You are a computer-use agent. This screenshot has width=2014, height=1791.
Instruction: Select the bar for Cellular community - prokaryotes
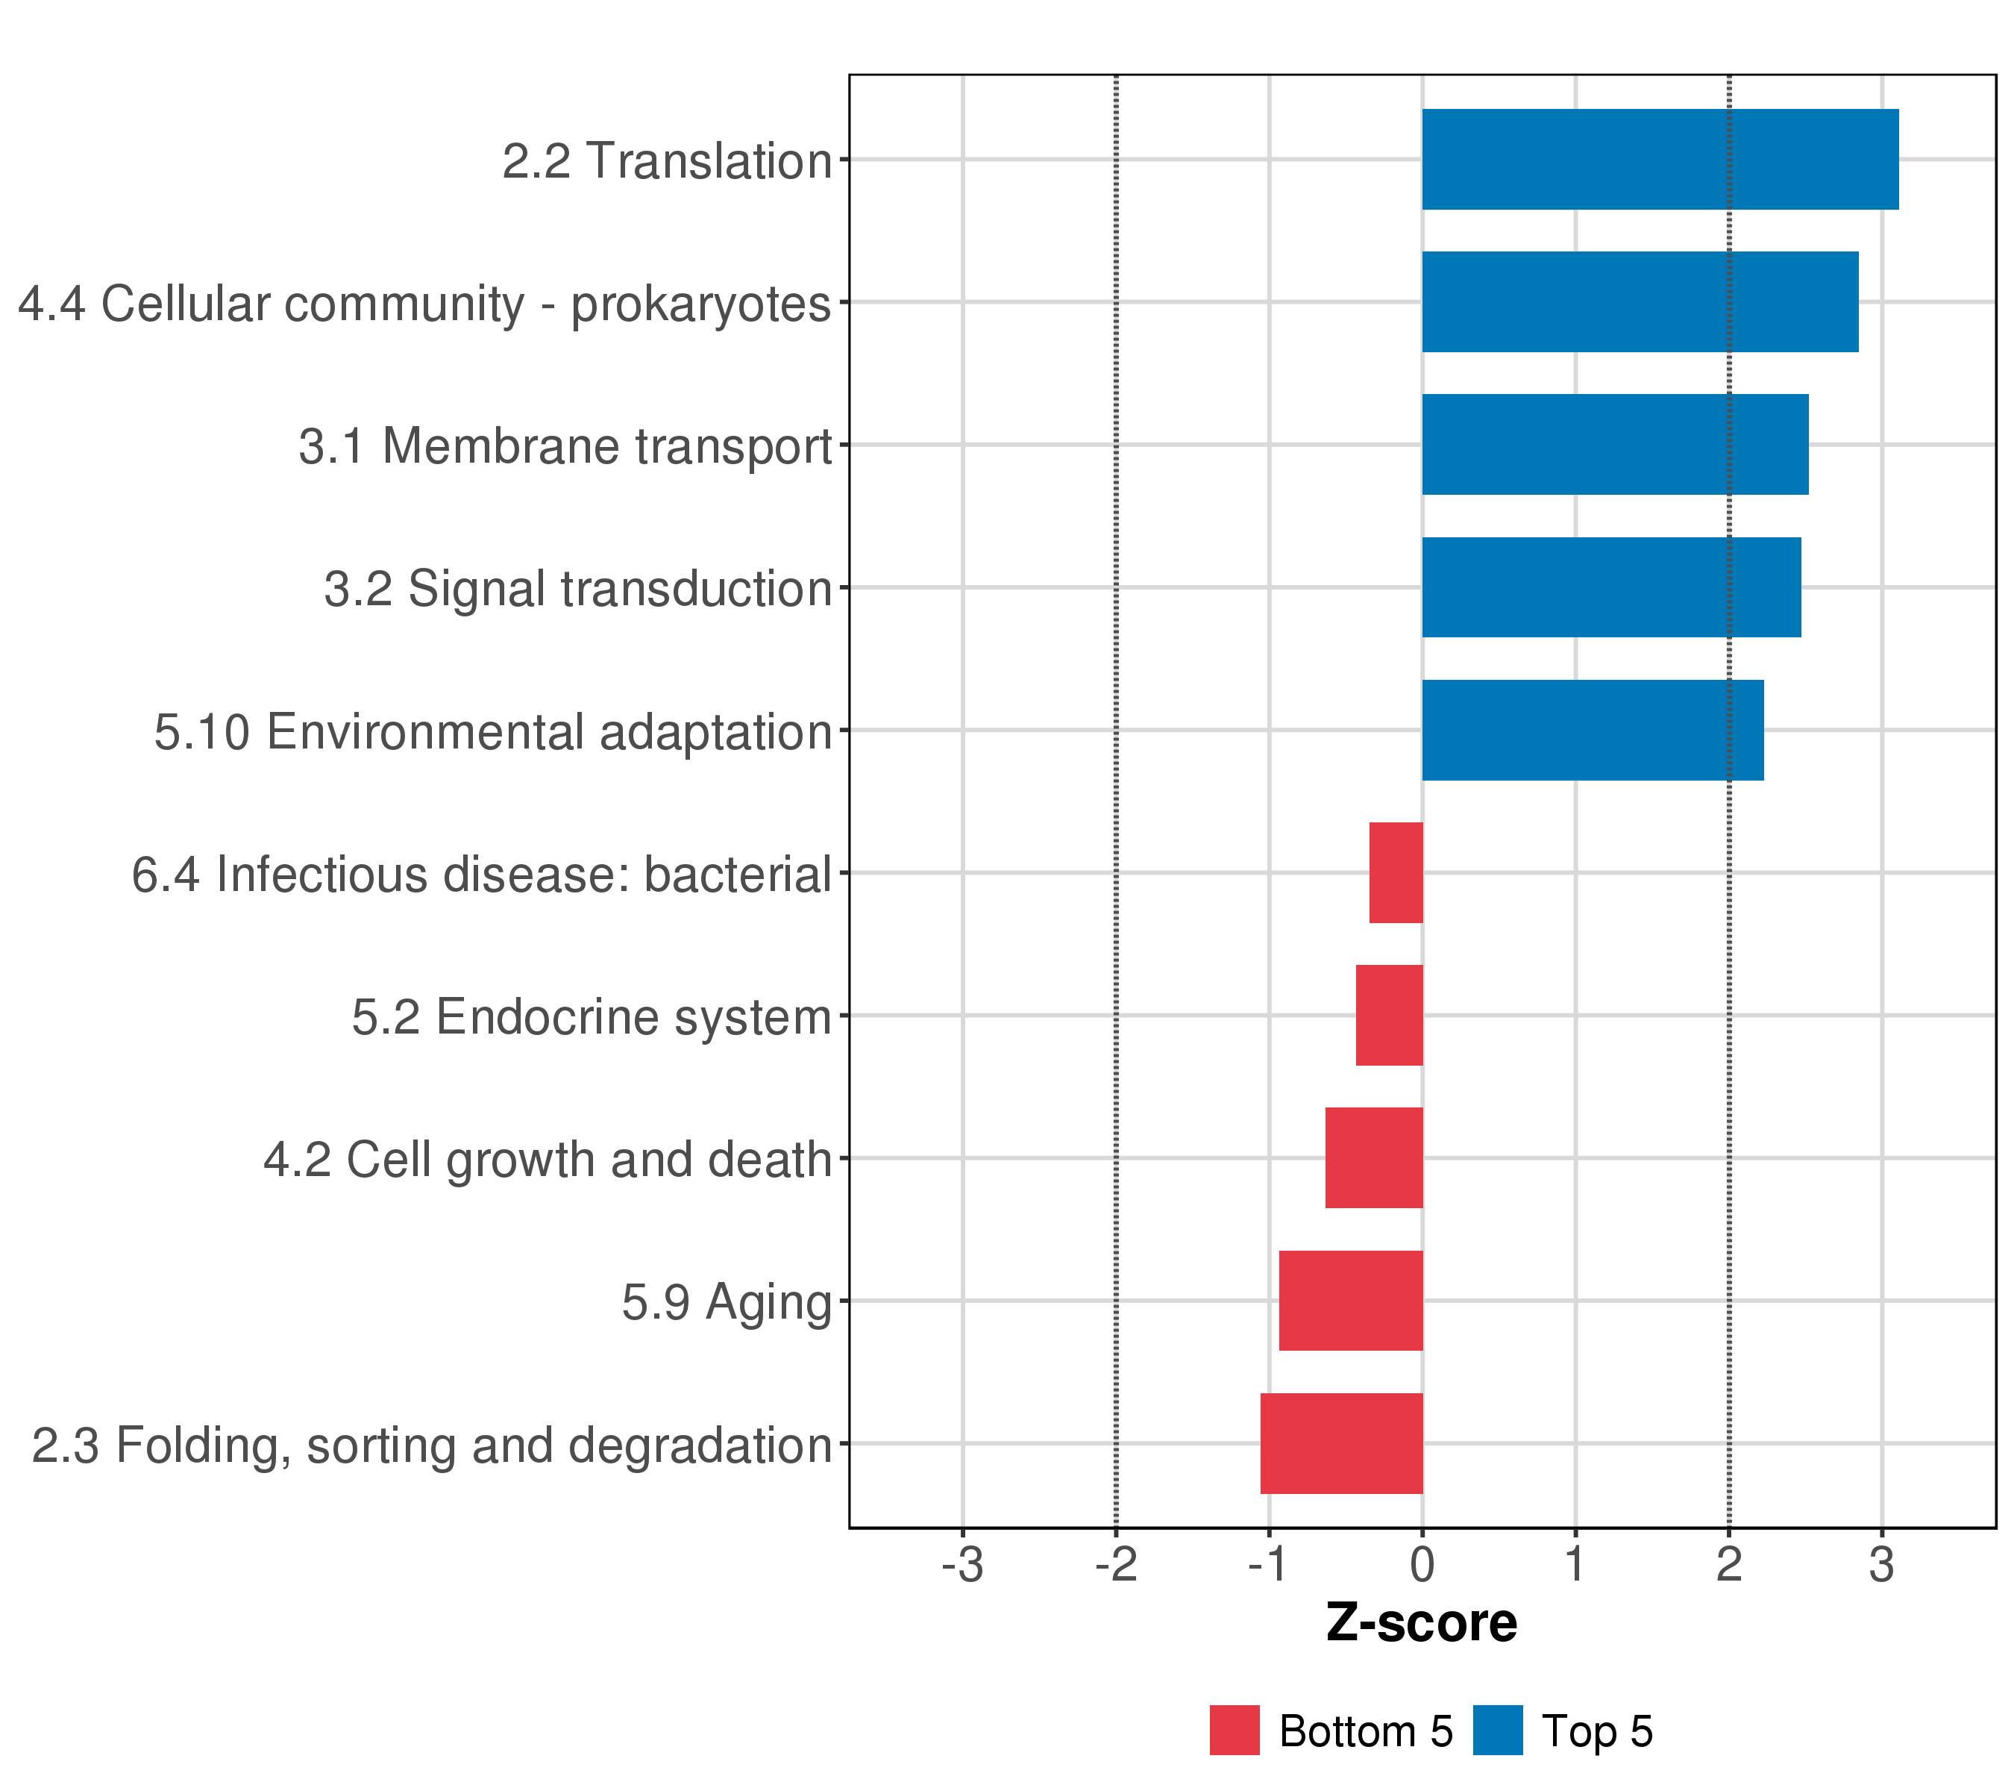click(1640, 301)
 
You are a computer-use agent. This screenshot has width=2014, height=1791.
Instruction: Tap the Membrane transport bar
click(1615, 445)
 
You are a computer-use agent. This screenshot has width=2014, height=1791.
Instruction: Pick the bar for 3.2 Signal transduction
click(1611, 587)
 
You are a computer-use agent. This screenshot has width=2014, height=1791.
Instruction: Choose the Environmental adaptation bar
click(1593, 731)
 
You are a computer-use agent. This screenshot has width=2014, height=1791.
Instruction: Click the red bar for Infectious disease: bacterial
click(1396, 872)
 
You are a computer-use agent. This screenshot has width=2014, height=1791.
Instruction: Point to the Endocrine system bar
click(1390, 1015)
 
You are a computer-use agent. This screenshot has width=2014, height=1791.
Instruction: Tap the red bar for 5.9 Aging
click(1351, 1301)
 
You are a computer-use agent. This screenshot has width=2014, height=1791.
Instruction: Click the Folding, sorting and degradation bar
click(1341, 1443)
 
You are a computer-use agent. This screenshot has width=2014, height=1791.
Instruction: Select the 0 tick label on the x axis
click(1422, 1566)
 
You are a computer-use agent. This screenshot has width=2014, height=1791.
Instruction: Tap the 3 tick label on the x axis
click(1881, 1566)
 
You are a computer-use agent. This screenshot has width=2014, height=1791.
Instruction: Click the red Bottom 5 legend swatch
click(1235, 1731)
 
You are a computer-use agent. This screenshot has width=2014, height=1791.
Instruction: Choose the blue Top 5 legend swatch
click(1498, 1731)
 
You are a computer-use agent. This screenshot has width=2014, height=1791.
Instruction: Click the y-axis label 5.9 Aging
click(727, 1303)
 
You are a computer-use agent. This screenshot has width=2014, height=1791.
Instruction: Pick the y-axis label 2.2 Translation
click(667, 160)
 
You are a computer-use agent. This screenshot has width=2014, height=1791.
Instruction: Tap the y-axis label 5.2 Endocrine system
click(592, 1017)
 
